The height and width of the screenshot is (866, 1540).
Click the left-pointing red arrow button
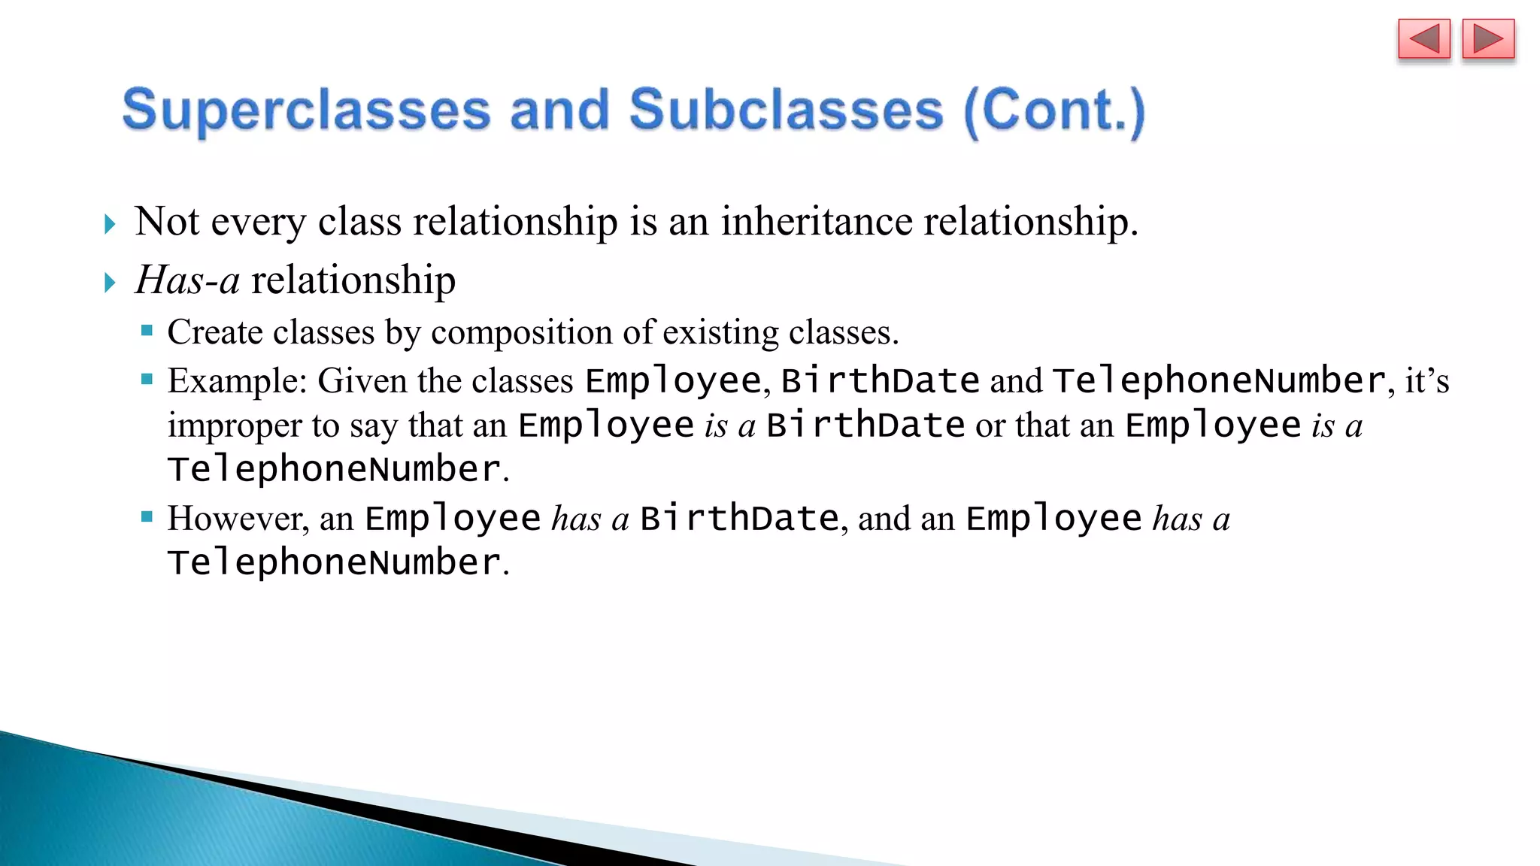tap(1423, 39)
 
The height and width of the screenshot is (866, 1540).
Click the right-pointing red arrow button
tap(1488, 39)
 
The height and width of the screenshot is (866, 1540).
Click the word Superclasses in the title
tap(306, 110)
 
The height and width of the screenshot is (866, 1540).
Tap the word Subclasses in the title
tap(786, 110)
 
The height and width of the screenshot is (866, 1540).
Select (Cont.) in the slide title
tap(1054, 111)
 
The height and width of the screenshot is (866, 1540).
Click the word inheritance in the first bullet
tap(816, 222)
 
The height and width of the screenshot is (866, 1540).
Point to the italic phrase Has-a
tap(188, 280)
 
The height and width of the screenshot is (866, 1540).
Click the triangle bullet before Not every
tap(110, 224)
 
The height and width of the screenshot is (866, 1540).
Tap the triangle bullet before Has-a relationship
tap(110, 283)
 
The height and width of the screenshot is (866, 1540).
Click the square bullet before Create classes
tap(147, 330)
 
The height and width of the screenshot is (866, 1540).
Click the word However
tap(237, 519)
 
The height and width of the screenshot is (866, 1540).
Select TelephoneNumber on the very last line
tap(335, 562)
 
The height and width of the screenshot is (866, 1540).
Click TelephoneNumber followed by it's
tap(1218, 380)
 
